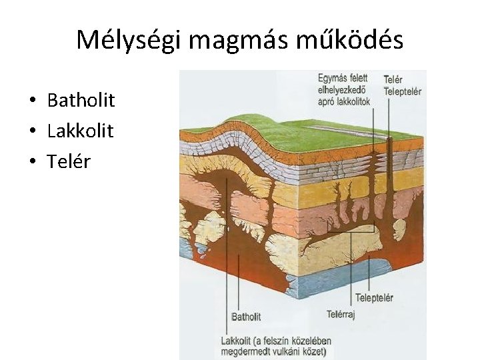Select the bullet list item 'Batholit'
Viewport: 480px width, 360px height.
pos(81,101)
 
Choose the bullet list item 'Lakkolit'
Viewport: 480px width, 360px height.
pos(80,131)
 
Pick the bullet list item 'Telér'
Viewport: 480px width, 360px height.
pos(68,161)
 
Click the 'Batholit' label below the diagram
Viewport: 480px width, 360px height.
pos(246,317)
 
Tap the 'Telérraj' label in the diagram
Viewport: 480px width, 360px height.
pos(341,313)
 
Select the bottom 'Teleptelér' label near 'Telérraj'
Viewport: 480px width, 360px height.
pos(374,298)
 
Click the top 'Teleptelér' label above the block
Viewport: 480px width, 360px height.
pos(403,91)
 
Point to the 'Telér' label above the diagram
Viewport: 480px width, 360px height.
pos(393,79)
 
